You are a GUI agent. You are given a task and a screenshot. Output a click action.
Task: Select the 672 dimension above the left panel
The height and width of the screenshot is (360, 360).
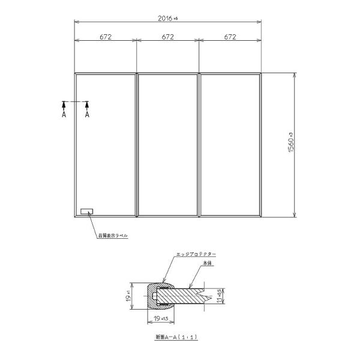point(106,37)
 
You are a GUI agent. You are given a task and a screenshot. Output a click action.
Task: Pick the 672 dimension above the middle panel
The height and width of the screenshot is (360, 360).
point(168,37)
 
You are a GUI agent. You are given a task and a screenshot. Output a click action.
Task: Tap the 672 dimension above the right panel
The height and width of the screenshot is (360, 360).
point(230,37)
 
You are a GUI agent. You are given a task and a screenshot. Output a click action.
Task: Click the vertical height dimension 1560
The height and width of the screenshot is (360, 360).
point(290,144)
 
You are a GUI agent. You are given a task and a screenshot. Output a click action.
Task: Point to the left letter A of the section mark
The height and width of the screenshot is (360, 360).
point(64,114)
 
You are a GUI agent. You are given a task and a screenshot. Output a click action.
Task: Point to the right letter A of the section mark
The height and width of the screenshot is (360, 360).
point(87,114)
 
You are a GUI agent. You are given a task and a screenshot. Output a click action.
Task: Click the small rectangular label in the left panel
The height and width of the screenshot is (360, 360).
point(87,211)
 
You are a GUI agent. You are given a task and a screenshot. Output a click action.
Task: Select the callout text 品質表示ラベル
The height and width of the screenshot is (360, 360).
point(113,236)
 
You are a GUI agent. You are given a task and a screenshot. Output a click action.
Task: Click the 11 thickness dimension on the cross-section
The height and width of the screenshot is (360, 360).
point(223,295)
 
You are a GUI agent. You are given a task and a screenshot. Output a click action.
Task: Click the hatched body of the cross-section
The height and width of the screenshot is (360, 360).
point(180,296)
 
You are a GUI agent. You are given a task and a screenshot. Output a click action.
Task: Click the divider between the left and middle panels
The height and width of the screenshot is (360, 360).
point(137,145)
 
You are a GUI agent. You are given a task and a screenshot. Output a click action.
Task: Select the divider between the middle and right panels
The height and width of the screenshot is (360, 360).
point(199,145)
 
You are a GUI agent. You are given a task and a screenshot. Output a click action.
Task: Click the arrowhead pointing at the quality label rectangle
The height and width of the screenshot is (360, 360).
point(89,215)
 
